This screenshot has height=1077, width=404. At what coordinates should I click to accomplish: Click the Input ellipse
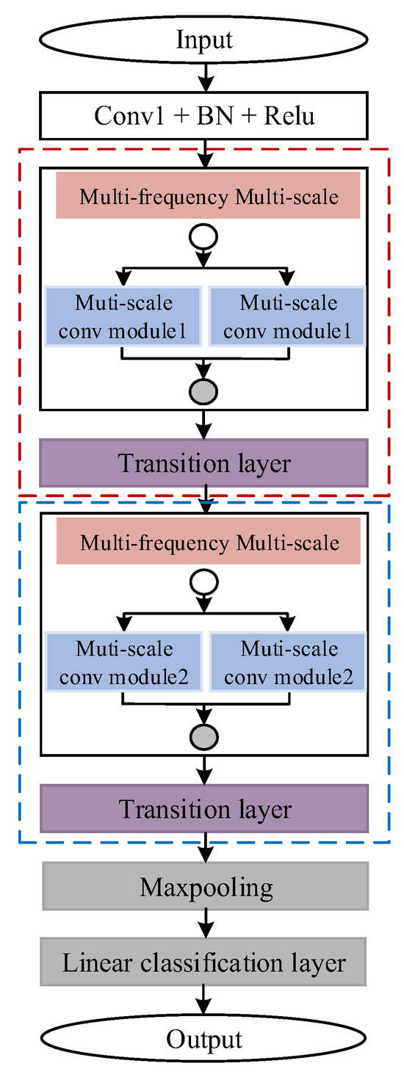(x=203, y=38)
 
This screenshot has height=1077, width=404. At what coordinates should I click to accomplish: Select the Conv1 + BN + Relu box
(x=203, y=117)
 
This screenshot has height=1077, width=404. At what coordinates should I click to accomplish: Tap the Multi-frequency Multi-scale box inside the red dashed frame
(x=208, y=197)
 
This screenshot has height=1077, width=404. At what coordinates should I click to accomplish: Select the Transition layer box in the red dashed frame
(x=203, y=463)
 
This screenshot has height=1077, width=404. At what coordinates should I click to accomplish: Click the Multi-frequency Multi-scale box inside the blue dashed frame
(x=208, y=543)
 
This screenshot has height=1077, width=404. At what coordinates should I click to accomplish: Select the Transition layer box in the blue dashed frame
(x=203, y=808)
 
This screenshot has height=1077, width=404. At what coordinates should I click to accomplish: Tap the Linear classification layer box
(x=203, y=962)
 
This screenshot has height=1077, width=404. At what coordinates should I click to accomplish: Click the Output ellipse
(x=203, y=1038)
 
